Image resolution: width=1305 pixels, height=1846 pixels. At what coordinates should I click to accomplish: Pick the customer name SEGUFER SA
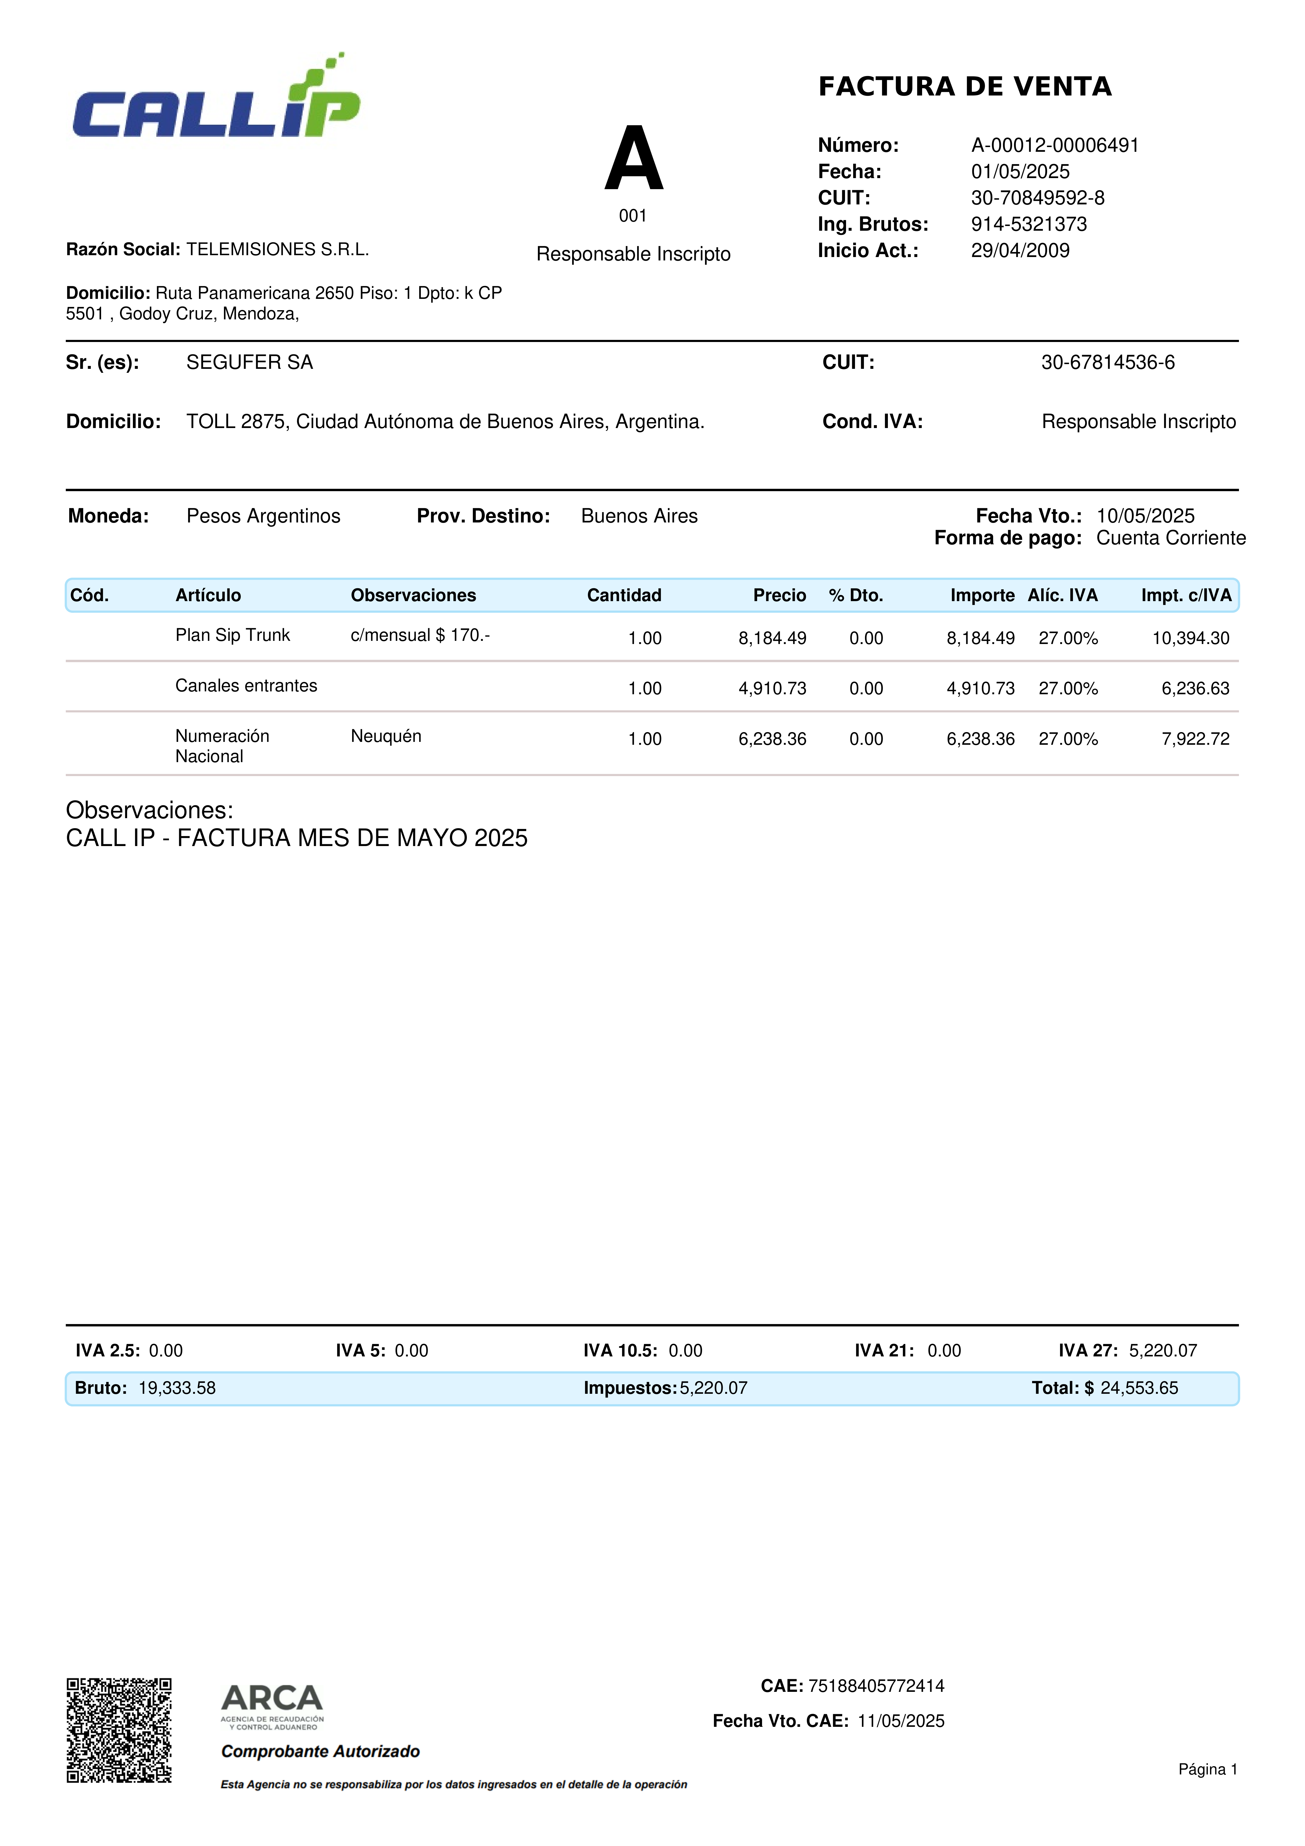[249, 363]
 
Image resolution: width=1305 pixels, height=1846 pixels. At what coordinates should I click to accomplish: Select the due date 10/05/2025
[1145, 516]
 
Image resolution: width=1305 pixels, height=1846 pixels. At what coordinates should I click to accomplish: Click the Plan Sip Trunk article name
[232, 635]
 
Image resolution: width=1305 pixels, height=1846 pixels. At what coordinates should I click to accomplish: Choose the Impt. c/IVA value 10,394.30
[1190, 638]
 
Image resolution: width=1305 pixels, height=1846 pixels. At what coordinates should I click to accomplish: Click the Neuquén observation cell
[386, 736]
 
